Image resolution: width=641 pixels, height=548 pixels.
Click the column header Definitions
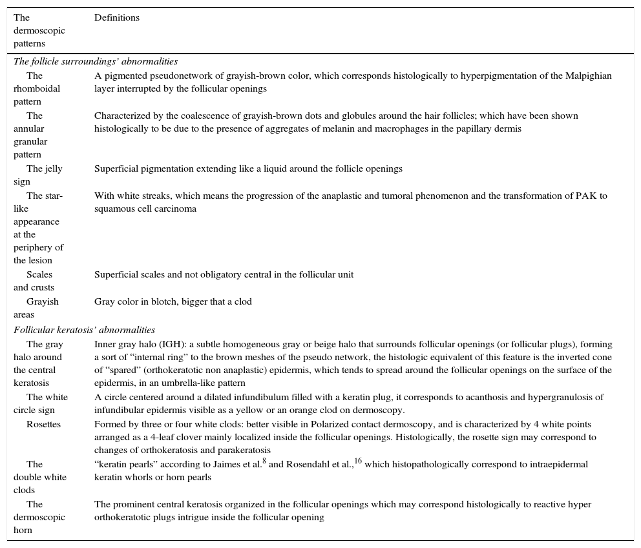pyautogui.click(x=117, y=18)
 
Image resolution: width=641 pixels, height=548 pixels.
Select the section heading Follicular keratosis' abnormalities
pyautogui.click(x=84, y=330)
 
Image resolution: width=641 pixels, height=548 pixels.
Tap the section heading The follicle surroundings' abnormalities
pyautogui.click(x=95, y=62)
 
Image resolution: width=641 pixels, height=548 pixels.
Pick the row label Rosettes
pyautogui.click(x=43, y=424)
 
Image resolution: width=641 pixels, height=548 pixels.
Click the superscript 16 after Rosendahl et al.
pyautogui.click(x=358, y=461)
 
